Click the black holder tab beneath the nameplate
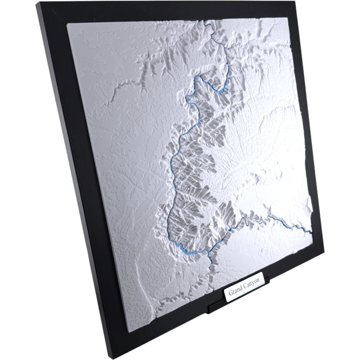click(223, 306)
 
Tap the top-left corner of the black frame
click(38, 4)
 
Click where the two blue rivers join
click(209, 252)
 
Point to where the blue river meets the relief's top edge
click(205, 21)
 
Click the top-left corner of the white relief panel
click(66, 24)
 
